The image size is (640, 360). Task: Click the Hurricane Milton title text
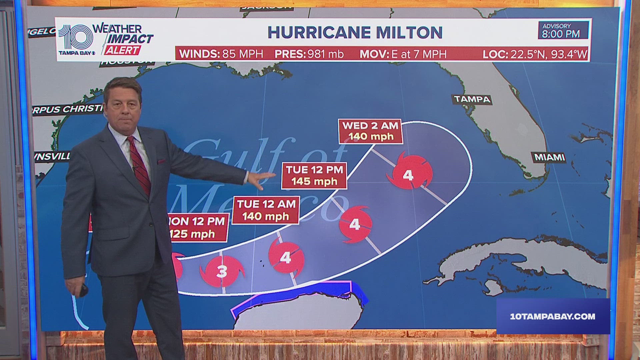[x=355, y=32]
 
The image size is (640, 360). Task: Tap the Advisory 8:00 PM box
[x=561, y=30]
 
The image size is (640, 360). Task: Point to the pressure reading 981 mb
[x=325, y=54]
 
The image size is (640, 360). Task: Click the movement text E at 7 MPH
[x=418, y=54]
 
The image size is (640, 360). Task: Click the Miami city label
[x=549, y=157]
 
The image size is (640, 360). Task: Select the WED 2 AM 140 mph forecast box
[x=370, y=131]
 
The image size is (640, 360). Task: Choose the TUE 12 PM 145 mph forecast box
[x=314, y=175]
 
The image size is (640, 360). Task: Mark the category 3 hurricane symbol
[x=222, y=271]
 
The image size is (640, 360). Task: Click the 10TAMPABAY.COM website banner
[x=553, y=316]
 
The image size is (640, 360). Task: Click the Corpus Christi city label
[x=68, y=109]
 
